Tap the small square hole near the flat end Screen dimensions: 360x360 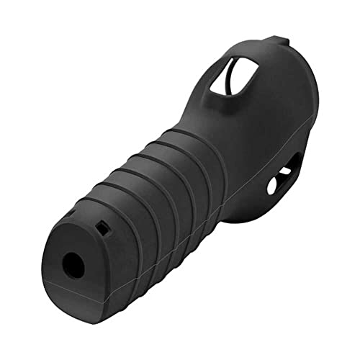(103, 229)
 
